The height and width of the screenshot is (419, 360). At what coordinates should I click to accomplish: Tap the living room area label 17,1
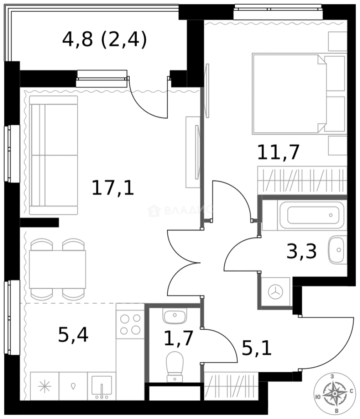113,189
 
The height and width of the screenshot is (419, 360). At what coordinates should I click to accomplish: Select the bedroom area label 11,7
279,152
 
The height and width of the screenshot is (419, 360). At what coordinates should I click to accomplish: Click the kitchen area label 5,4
73,334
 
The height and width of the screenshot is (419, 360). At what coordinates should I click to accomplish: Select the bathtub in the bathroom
315,215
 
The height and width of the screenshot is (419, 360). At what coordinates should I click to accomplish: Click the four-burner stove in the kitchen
130,324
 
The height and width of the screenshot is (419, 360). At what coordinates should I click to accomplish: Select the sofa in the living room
54,155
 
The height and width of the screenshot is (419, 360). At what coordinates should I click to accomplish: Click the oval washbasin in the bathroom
336,249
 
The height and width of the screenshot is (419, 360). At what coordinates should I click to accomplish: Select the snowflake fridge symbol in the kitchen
45,387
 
